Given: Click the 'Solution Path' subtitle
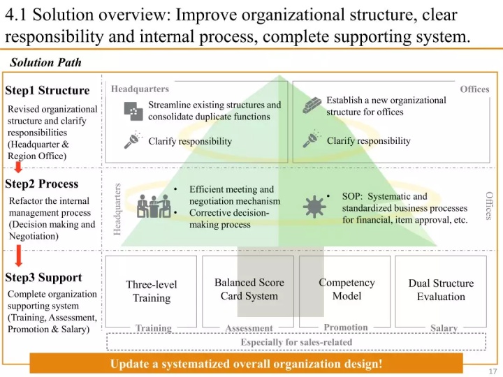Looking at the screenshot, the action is [45, 63].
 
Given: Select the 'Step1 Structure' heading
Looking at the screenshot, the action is [48, 90].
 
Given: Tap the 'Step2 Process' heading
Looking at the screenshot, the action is [42, 184].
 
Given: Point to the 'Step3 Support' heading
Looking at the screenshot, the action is [43, 277].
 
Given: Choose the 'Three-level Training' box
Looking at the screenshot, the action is [152, 291].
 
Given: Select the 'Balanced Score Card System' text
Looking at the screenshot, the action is [249, 289].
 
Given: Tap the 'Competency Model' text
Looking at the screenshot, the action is [347, 289].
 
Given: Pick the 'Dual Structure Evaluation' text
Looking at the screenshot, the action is [441, 290].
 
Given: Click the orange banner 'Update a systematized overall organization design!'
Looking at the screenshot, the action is [246, 364].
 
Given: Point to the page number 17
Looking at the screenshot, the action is [493, 371].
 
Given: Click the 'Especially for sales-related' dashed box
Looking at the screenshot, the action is [296, 342].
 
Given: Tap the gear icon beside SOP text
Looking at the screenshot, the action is [314, 207].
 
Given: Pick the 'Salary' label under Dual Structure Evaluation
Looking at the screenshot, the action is [444, 328].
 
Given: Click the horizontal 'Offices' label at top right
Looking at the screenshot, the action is [474, 89].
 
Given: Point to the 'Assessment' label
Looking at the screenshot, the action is [249, 328].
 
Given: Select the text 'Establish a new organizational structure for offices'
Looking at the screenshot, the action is [386, 106].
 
